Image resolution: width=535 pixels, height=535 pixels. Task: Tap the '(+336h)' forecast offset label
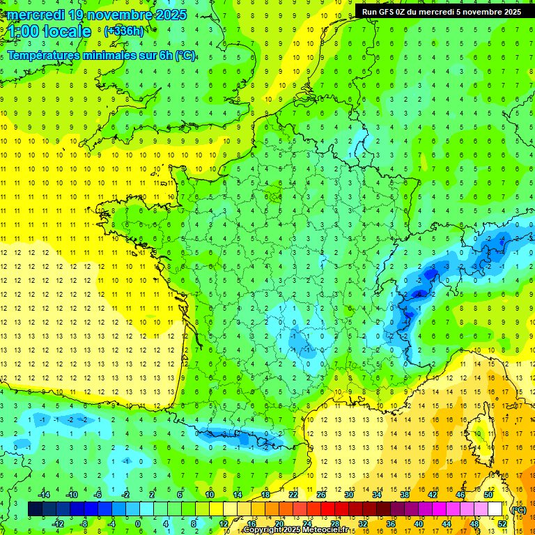click(123, 31)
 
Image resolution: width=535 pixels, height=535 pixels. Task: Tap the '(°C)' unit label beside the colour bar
click(518, 509)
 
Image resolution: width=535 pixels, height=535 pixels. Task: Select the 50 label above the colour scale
click(488, 495)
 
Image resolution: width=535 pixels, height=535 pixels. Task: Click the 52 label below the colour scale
click(502, 524)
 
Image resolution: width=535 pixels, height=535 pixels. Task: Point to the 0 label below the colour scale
click(138, 524)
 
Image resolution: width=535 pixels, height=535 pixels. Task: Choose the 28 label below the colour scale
click(334, 524)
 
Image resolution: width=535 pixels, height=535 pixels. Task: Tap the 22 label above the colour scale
click(293, 495)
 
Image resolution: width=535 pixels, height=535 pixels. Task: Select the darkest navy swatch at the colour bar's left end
click(35, 509)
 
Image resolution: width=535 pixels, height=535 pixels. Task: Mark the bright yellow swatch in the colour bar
click(216, 509)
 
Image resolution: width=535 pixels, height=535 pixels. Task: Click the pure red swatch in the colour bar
click(327, 509)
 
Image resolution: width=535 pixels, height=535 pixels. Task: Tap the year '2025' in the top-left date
click(170, 15)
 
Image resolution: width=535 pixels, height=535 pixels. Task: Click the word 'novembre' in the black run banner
click(485, 12)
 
